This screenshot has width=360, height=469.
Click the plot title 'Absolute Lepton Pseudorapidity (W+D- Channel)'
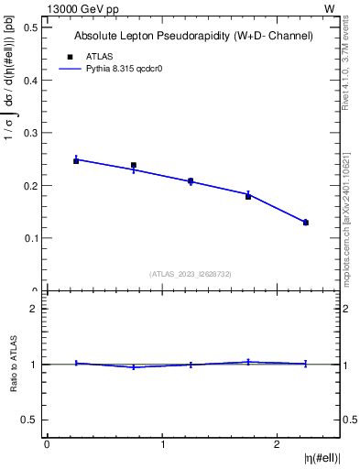pos(193,36)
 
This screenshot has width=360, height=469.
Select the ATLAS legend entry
pos(89,56)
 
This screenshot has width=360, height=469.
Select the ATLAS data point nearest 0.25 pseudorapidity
pos(76,160)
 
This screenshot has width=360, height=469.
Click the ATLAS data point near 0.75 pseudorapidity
pos(134,165)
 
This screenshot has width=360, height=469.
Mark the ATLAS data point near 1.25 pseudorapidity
pos(191,181)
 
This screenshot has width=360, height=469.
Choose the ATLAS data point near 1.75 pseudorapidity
pos(248,196)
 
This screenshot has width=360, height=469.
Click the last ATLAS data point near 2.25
pos(306,223)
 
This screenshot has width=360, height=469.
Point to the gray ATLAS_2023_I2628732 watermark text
pos(191,274)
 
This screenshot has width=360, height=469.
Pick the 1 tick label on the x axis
pos(162,444)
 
